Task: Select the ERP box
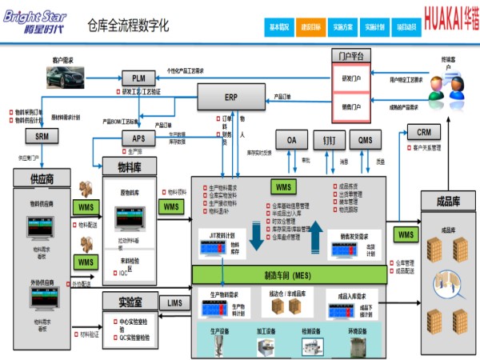pyautogui.click(x=230, y=97)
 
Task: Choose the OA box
pyautogui.click(x=292, y=139)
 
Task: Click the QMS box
pyautogui.click(x=365, y=139)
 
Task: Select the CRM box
pyautogui.click(x=424, y=131)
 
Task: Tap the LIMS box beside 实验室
pyautogui.click(x=175, y=302)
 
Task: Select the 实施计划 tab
pyautogui.click(x=375, y=27)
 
